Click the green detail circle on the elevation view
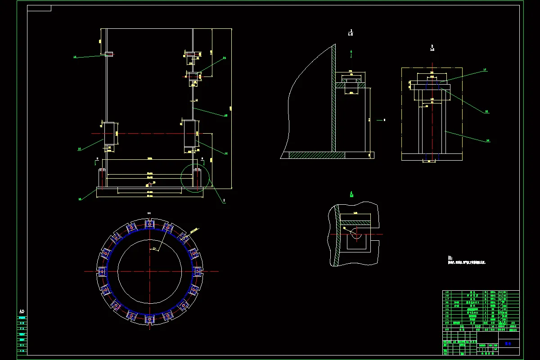195,178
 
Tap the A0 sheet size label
22,311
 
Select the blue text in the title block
508,343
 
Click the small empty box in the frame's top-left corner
39,8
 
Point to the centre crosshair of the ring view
150,271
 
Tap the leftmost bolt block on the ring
102,271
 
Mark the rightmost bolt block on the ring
198,271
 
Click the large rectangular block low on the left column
110,134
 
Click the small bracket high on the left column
109,54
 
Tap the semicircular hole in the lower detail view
355,234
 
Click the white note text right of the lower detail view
467,261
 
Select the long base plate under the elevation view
150,192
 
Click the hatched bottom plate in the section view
317,155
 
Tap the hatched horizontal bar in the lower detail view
355,221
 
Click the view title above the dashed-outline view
432,47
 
